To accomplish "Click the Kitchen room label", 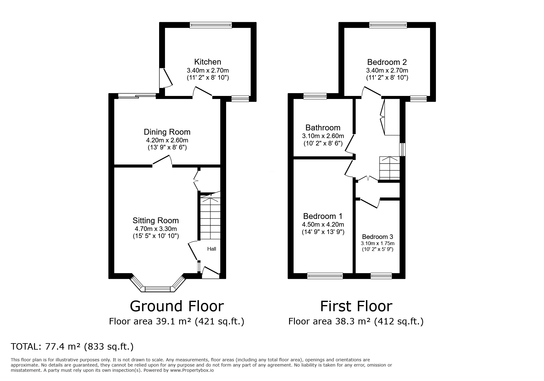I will tap(208, 62).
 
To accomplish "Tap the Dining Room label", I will tap(167, 132).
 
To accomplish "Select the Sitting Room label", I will tap(155, 220).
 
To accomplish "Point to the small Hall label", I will tap(212, 249).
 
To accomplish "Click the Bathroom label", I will tap(323, 128).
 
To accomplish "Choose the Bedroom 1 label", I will tap(323, 216).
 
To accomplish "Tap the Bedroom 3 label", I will tap(377, 237).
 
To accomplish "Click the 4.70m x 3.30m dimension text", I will tap(155, 229).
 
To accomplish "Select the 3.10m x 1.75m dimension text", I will tap(378, 243).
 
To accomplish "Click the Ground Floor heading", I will tap(177, 306).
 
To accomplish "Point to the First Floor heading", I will tap(356, 306).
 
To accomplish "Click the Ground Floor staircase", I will tap(210, 217).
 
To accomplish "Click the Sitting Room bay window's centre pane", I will tap(157, 289).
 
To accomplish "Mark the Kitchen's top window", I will tap(211, 25).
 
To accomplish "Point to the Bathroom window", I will tap(315, 96).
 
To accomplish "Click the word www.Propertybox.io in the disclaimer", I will tap(192, 370).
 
